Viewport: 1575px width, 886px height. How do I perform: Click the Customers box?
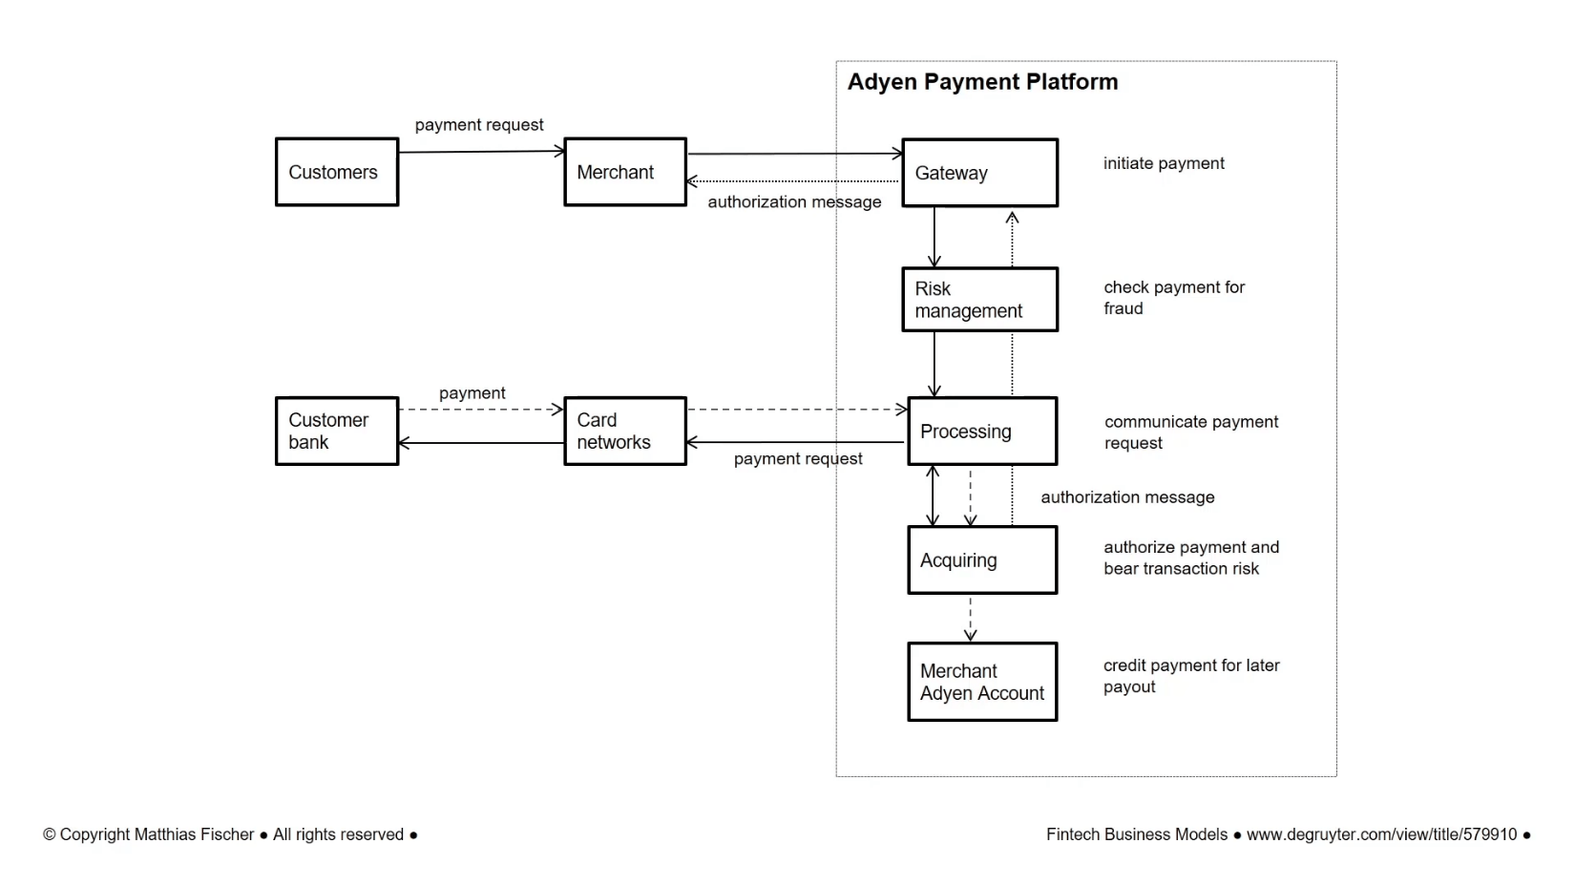(x=336, y=172)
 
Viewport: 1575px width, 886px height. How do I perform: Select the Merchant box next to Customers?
(x=624, y=172)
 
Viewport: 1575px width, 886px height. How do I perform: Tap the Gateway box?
(x=979, y=173)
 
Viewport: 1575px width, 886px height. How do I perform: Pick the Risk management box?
(x=979, y=300)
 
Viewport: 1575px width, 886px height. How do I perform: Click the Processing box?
(x=981, y=432)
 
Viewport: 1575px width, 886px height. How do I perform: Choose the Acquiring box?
(x=981, y=560)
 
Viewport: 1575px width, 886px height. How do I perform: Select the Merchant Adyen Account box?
(x=981, y=682)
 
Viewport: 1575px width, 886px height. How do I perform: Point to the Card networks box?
(x=624, y=432)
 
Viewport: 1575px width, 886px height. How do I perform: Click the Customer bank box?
(x=336, y=432)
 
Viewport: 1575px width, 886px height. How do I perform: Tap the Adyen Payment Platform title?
(x=982, y=82)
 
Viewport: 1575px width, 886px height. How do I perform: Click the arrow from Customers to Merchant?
(x=480, y=151)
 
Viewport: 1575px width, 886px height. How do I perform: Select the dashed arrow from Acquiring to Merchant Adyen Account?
(x=970, y=618)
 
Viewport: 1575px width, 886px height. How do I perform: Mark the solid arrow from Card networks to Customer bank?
(x=480, y=443)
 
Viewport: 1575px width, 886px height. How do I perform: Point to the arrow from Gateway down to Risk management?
(x=934, y=237)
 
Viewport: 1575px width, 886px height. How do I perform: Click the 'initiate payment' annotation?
(x=1163, y=163)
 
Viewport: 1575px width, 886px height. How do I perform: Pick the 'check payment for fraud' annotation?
(x=1173, y=298)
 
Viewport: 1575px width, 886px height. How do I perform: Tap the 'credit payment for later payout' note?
(x=1190, y=676)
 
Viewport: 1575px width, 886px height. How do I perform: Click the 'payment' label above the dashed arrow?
(x=472, y=393)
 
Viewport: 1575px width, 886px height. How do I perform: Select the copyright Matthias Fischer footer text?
(x=229, y=834)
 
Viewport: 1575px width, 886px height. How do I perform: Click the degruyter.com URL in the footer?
(x=1380, y=834)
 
